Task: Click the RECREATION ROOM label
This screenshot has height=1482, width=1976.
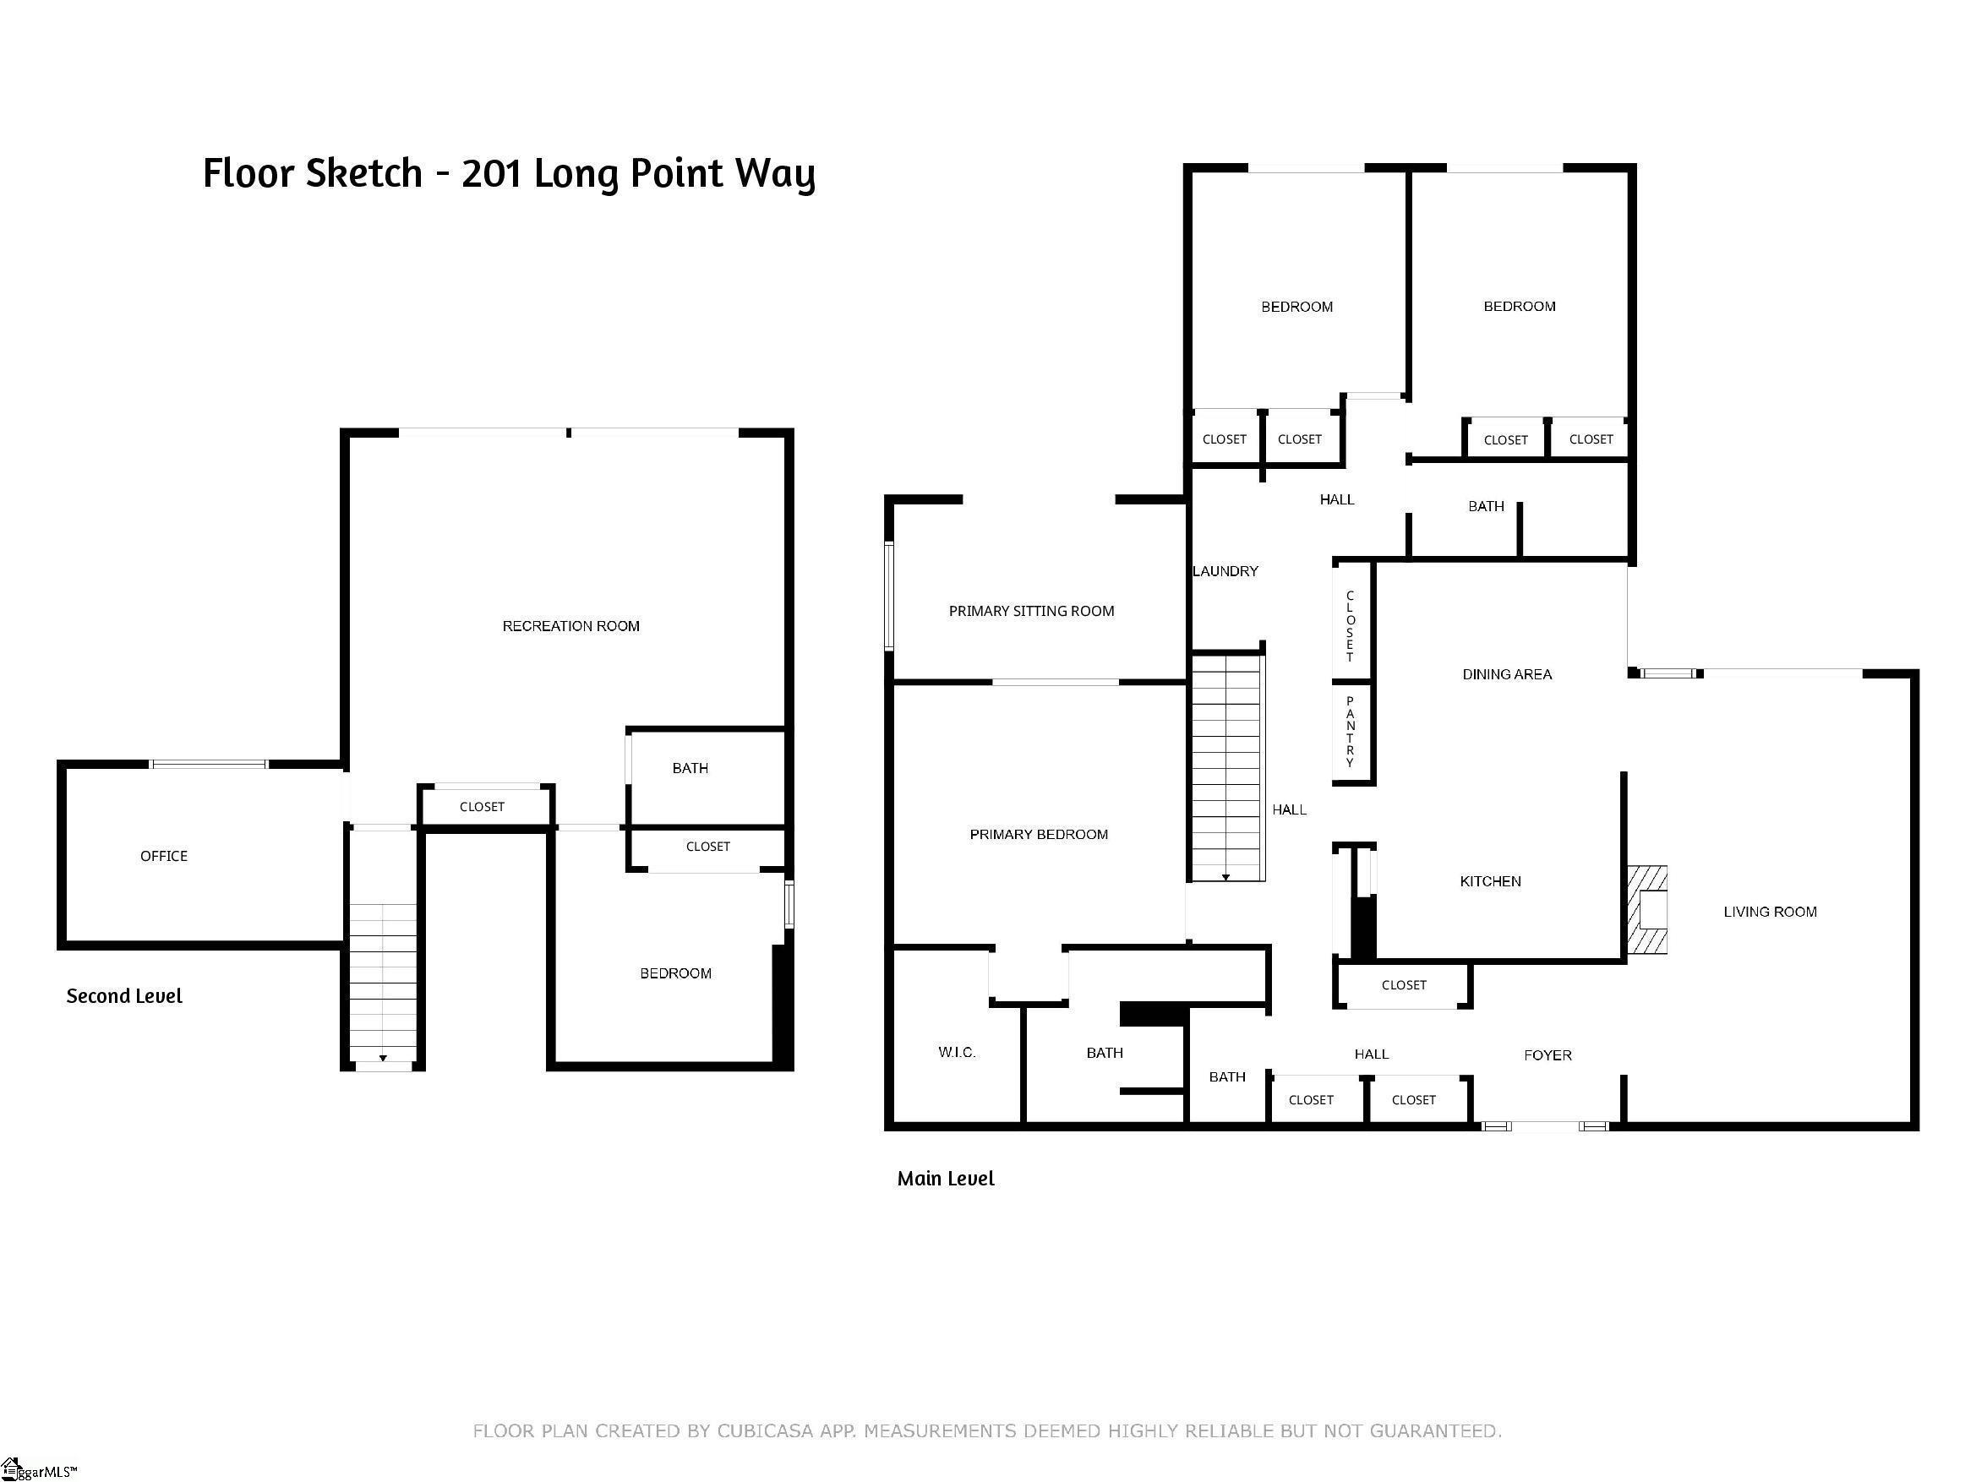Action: tap(570, 626)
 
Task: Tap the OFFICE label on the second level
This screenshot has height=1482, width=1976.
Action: tap(163, 856)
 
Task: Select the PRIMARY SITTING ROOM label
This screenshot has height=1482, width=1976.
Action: tap(1031, 611)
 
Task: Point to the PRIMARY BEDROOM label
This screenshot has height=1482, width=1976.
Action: tap(1038, 834)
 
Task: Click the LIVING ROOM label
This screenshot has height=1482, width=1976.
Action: tap(1770, 912)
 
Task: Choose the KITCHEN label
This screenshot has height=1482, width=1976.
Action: tap(1490, 882)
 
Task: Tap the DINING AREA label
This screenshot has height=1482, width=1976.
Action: tap(1507, 674)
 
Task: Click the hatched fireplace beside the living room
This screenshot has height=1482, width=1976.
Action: tap(1646, 910)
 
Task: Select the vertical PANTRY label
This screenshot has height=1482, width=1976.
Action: tap(1350, 732)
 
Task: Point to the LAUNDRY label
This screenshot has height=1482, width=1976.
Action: tap(1225, 571)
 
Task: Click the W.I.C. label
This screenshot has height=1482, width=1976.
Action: tap(957, 1052)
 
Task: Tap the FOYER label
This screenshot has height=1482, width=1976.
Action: tap(1548, 1055)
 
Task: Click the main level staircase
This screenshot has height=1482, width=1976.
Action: tap(1226, 767)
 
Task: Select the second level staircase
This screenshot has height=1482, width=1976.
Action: tap(382, 986)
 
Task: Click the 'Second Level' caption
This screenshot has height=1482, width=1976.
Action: tap(124, 996)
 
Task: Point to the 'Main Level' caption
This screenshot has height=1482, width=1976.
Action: tap(945, 1179)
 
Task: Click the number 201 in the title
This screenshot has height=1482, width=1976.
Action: tap(491, 173)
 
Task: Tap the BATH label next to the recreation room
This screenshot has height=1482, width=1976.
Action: tap(690, 768)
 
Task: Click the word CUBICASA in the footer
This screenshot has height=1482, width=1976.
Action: tap(765, 1431)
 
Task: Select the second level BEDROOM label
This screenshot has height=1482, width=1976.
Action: tap(675, 973)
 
